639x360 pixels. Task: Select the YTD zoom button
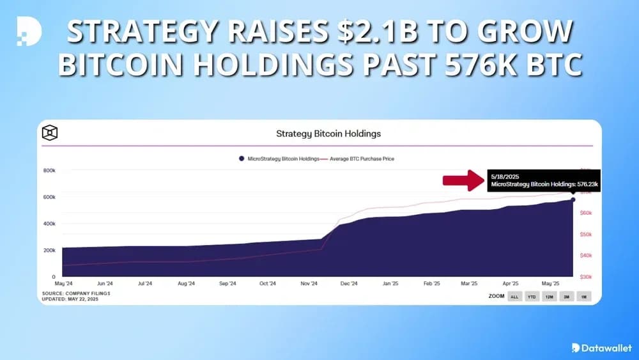(x=532, y=297)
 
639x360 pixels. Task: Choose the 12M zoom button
(x=549, y=297)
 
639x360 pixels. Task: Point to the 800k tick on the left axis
(x=49, y=171)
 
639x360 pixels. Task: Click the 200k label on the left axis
(x=49, y=250)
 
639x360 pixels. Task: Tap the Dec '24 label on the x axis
(x=349, y=283)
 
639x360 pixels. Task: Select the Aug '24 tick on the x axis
(x=186, y=283)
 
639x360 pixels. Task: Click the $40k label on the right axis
(x=585, y=256)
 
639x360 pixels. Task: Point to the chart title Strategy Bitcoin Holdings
(x=328, y=134)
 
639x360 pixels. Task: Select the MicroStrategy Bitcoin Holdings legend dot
(x=242, y=159)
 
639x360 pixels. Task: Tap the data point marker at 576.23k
(x=573, y=200)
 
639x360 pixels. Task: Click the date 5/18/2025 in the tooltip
(x=504, y=175)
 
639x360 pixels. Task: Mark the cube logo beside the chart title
(x=50, y=133)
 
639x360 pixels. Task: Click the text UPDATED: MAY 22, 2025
(x=71, y=299)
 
